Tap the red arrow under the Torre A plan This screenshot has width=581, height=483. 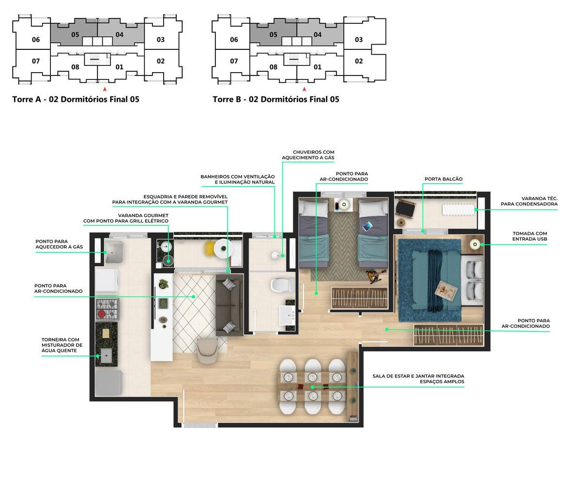[105, 89]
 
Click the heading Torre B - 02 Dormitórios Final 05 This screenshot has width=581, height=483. [275, 99]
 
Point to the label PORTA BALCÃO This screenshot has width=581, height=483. [443, 179]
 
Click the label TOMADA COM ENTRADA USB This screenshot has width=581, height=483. [530, 236]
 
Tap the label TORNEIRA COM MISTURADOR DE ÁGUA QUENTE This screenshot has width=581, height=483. [62, 345]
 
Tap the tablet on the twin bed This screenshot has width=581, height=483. [367, 226]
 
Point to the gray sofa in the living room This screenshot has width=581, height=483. [229, 304]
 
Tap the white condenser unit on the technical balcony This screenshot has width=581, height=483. [458, 210]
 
